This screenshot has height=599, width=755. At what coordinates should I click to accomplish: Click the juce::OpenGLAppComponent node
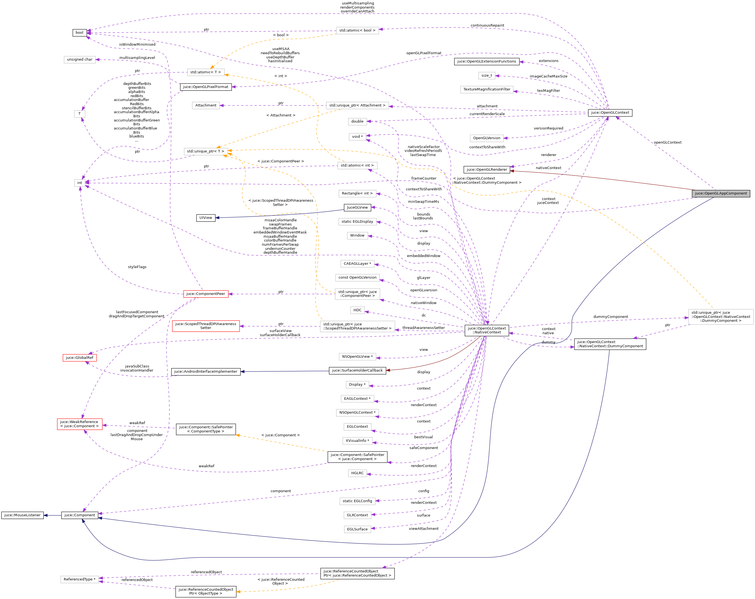tap(721, 193)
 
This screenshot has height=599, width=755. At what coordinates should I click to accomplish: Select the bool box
tap(80, 33)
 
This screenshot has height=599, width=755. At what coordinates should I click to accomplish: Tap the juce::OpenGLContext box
tap(610, 113)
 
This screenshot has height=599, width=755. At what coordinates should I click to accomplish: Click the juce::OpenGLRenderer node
tap(487, 170)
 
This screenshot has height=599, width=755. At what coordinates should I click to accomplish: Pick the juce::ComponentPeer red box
tap(206, 294)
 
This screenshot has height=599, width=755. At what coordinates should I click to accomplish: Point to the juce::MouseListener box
tap(22, 515)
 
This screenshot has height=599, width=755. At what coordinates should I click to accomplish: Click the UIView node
tap(206, 218)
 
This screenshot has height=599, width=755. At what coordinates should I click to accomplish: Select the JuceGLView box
tap(357, 207)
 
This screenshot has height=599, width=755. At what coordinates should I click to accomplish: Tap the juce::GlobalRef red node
tap(80, 358)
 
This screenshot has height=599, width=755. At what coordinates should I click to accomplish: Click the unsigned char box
tap(80, 59)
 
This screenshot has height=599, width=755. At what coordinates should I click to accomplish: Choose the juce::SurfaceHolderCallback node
tap(357, 370)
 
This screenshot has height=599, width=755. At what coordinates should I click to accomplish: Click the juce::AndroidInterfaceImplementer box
tap(206, 371)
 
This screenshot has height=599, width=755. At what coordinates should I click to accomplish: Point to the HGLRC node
tap(357, 473)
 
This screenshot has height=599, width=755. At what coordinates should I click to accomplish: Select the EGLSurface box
tap(357, 529)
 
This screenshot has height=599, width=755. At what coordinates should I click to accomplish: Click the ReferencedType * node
tap(80, 579)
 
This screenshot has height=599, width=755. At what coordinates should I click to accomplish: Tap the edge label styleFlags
tap(137, 267)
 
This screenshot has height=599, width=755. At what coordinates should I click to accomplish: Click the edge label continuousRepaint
tap(487, 25)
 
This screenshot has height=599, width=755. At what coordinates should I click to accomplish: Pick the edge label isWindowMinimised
tap(137, 45)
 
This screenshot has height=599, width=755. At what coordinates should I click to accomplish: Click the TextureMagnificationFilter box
tap(487, 90)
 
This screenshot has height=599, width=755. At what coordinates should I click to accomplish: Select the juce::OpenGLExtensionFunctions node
tap(487, 61)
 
